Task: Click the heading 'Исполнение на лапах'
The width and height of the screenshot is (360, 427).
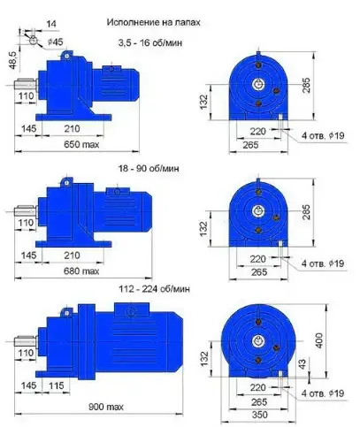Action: [153, 22]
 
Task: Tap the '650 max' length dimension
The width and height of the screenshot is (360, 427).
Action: [81, 144]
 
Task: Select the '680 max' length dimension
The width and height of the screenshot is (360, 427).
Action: [81, 271]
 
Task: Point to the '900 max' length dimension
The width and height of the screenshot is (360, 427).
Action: [106, 407]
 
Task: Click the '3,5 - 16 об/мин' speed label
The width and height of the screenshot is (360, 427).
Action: [150, 42]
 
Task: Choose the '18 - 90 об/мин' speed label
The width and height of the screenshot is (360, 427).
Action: [149, 168]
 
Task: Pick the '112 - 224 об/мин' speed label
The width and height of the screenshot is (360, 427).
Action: [154, 289]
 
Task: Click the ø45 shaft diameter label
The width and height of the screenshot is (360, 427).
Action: [55, 42]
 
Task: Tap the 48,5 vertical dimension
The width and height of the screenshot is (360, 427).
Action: [13, 61]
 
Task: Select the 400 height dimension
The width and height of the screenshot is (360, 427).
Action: [319, 340]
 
